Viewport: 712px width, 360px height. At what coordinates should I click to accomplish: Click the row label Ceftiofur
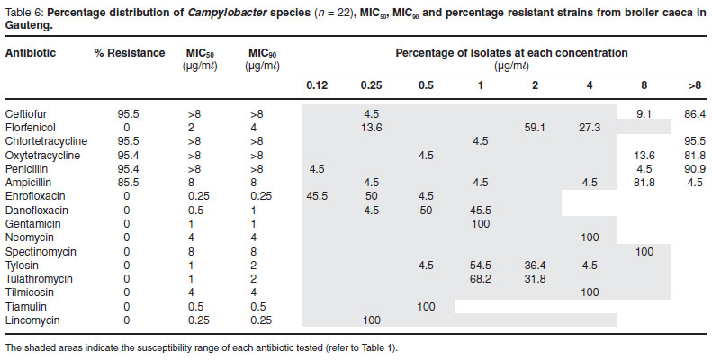(26, 114)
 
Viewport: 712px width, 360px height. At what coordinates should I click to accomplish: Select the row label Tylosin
(23, 265)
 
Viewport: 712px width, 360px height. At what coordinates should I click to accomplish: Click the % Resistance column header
(125, 53)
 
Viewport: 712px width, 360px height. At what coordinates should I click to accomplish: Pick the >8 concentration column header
(694, 86)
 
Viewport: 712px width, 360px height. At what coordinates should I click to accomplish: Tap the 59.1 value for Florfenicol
(536, 128)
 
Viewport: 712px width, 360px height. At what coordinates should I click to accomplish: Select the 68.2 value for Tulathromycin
(482, 279)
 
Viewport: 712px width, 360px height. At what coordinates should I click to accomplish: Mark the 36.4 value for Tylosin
(536, 265)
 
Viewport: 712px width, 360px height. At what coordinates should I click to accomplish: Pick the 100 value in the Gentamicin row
(482, 222)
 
